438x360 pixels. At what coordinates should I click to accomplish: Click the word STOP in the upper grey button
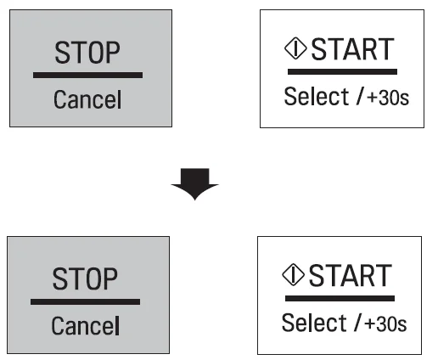[x=87, y=53]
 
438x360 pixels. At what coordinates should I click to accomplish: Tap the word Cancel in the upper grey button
[x=87, y=99]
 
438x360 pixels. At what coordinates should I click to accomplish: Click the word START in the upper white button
[x=352, y=49]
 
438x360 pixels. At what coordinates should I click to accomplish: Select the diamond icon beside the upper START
[x=295, y=48]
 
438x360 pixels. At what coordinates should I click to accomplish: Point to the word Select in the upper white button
[x=316, y=97]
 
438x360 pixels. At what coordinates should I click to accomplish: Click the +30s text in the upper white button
[x=388, y=98]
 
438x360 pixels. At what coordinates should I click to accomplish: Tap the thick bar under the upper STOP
[x=87, y=75]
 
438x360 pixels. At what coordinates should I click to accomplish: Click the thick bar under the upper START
[x=342, y=71]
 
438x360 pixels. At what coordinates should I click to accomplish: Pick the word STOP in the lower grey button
[x=85, y=278]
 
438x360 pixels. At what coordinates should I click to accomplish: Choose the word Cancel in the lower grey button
[x=85, y=326]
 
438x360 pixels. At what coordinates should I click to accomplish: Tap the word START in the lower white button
[x=351, y=276]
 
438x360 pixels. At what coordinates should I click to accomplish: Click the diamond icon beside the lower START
[x=293, y=275]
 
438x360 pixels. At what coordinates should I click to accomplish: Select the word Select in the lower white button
[x=314, y=323]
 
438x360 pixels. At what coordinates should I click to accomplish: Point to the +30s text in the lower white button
[x=385, y=324]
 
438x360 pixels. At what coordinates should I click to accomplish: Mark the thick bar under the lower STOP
[x=85, y=301]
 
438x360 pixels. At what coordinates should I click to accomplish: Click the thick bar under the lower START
[x=340, y=298]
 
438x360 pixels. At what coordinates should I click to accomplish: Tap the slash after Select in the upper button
[x=359, y=97]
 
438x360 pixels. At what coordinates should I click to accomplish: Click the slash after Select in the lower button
[x=357, y=323]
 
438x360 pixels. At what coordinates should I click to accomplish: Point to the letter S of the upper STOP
[x=61, y=53]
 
